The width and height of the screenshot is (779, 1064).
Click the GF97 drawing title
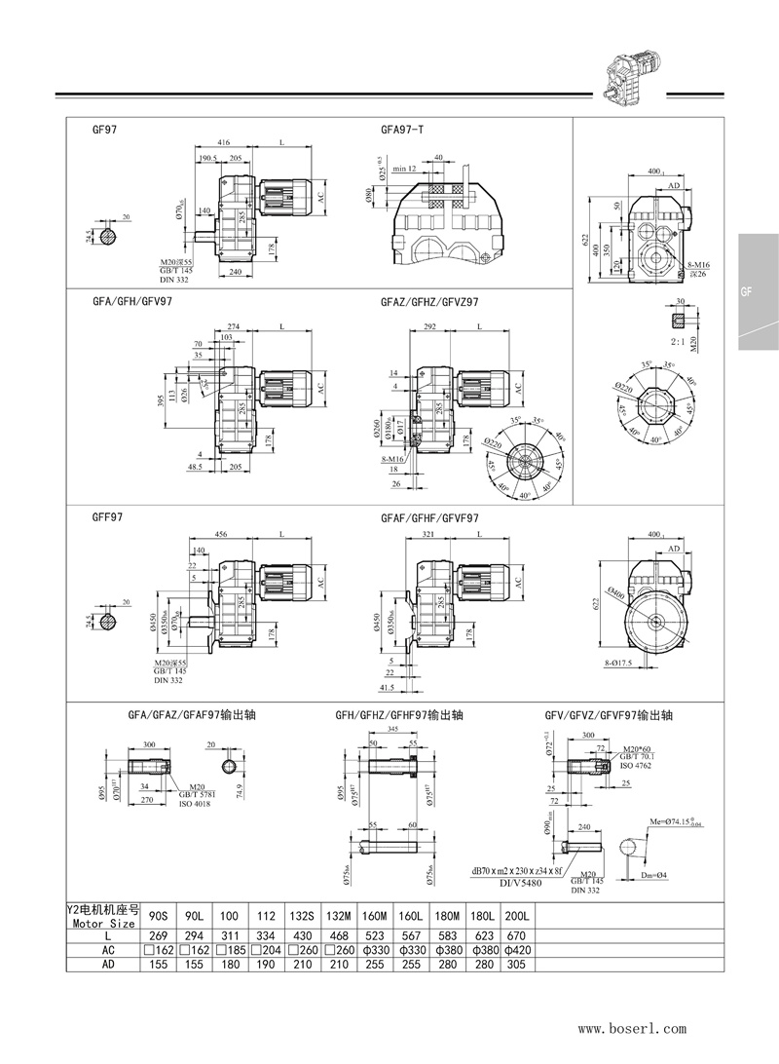point(105,129)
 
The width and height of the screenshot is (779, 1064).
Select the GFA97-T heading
point(401,129)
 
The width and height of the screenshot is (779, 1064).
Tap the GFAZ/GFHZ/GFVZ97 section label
point(429,302)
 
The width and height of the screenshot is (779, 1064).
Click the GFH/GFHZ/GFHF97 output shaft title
point(398,715)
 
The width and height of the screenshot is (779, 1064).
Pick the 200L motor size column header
point(517,915)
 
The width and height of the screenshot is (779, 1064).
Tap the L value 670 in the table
point(517,934)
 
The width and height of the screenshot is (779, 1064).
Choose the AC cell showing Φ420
point(517,949)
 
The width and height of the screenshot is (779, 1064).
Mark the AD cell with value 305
point(517,964)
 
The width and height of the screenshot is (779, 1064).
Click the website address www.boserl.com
point(632,1028)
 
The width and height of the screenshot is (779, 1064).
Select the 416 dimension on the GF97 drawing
point(224,142)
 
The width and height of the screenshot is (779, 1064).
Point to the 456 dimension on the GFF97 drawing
point(222,535)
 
